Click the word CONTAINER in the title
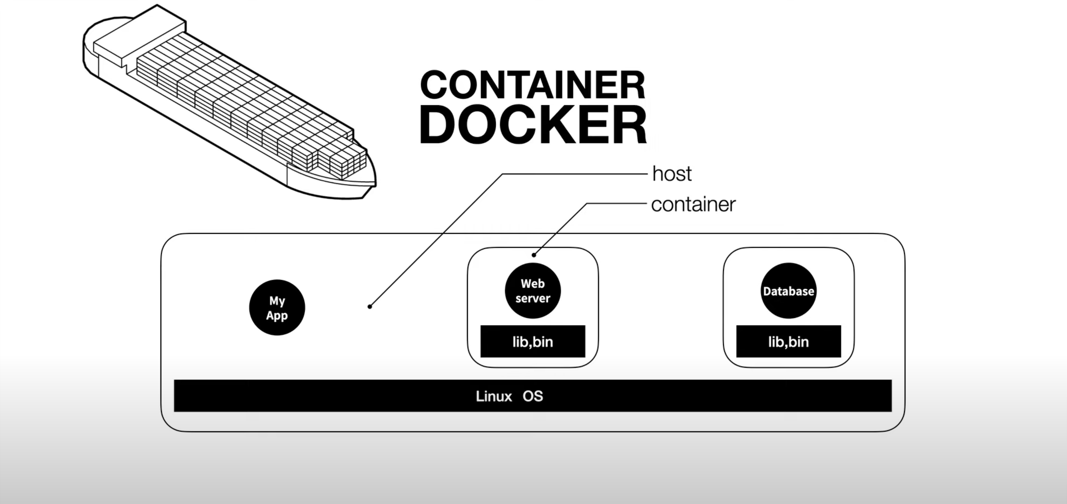pyautogui.click(x=533, y=85)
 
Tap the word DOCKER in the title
pyautogui.click(x=533, y=125)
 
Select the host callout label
pyautogui.click(x=671, y=174)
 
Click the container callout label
pyautogui.click(x=693, y=204)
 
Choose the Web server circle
pyautogui.click(x=533, y=291)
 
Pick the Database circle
pyautogui.click(x=788, y=291)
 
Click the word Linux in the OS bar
pyautogui.click(x=494, y=396)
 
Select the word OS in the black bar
pyautogui.click(x=533, y=396)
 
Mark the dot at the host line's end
pyautogui.click(x=370, y=307)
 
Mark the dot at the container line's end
pyautogui.click(x=534, y=255)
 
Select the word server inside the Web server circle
pyautogui.click(x=533, y=299)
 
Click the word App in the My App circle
pyautogui.click(x=277, y=315)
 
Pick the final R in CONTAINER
pyautogui.click(x=633, y=85)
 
